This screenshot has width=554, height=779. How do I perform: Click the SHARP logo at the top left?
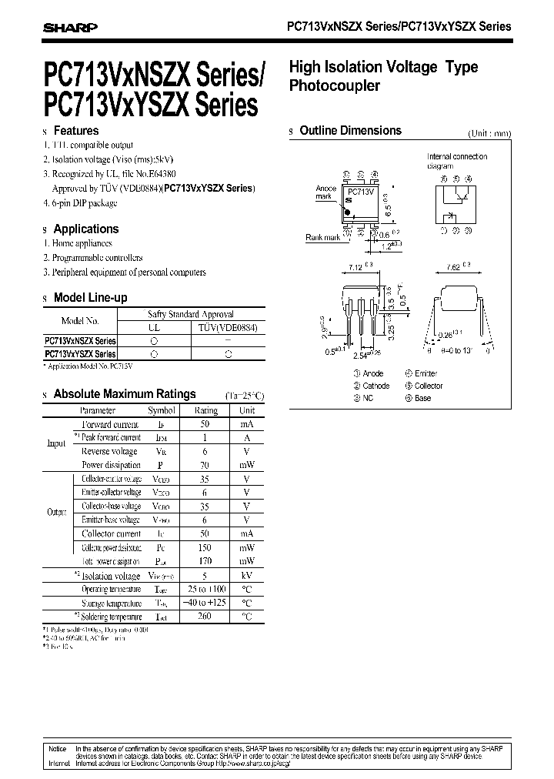pyautogui.click(x=70, y=27)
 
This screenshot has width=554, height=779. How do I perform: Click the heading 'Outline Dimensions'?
pyautogui.click(x=350, y=131)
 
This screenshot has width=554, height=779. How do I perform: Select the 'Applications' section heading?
pyautogui.click(x=86, y=229)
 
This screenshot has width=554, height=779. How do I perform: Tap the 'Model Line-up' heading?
pyautogui.click(x=91, y=298)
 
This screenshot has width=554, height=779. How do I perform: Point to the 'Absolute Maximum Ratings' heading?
pyautogui.click(x=125, y=394)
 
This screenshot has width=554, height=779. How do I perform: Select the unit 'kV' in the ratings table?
pyautogui.click(x=246, y=576)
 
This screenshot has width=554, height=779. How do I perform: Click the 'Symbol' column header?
pyautogui.click(x=162, y=411)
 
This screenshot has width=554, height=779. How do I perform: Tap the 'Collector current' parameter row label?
pyautogui.click(x=112, y=533)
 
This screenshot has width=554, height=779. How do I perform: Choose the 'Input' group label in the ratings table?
pyautogui.click(x=56, y=444)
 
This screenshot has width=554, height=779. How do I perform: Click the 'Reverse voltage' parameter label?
pyautogui.click(x=109, y=452)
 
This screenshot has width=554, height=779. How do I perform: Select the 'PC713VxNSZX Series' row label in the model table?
pyautogui.click(x=81, y=340)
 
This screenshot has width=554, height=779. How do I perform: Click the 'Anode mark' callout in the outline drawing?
pyautogui.click(x=325, y=192)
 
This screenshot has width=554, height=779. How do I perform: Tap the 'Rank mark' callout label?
pyautogui.click(x=322, y=238)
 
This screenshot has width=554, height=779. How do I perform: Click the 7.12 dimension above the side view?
pyautogui.click(x=356, y=266)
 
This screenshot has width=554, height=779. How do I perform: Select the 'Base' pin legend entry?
pyautogui.click(x=422, y=398)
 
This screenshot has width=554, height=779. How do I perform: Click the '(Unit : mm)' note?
pyautogui.click(x=489, y=133)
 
